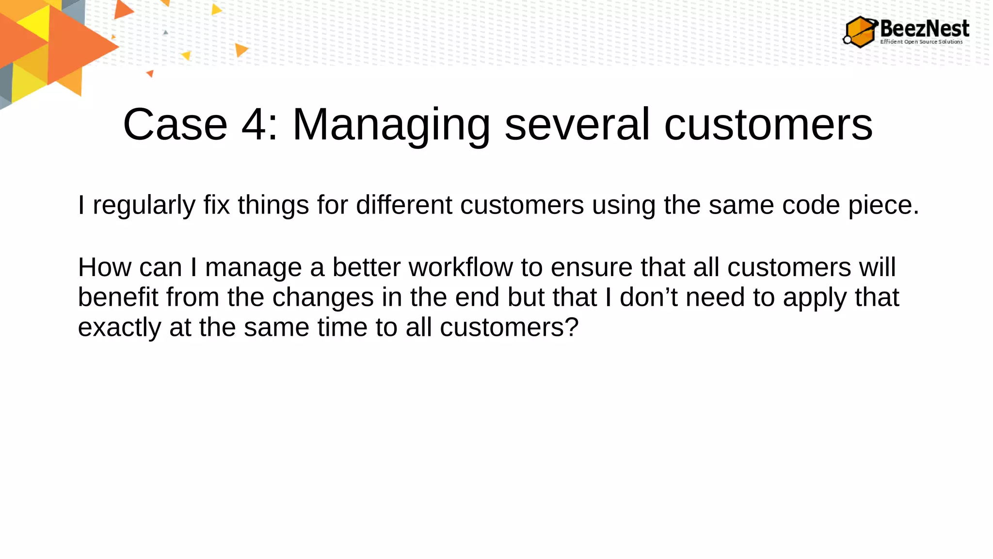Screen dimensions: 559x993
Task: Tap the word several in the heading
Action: pyautogui.click(x=577, y=125)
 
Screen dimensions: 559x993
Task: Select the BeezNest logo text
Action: pyautogui.click(x=924, y=28)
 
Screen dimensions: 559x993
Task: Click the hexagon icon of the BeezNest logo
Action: pyautogui.click(x=860, y=32)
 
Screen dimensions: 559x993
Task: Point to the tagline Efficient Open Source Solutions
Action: pyautogui.click(x=921, y=42)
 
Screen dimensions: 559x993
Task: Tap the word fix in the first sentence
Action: pyautogui.click(x=216, y=205)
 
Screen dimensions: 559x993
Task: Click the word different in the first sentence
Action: pyautogui.click(x=404, y=205)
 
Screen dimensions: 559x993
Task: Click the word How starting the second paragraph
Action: pyautogui.click(x=104, y=267)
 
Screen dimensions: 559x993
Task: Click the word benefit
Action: pyautogui.click(x=118, y=297)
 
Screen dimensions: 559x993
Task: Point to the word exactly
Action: pyautogui.click(x=119, y=328)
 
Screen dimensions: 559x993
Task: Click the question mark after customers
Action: pyautogui.click(x=572, y=327)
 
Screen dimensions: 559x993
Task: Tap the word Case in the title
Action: pyautogui.click(x=175, y=125)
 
